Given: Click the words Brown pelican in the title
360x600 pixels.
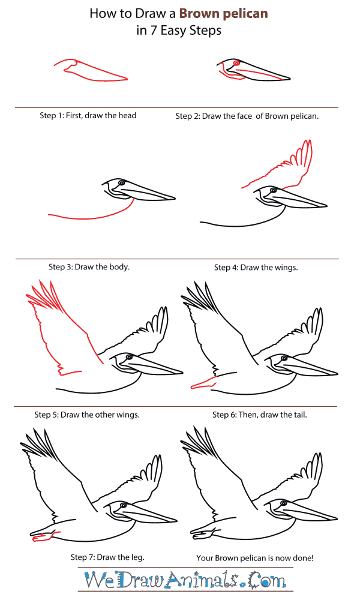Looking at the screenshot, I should tap(226, 13).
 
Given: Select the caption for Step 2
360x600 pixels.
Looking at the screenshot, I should tap(247, 116).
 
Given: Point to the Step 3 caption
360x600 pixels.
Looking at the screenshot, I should tap(89, 266).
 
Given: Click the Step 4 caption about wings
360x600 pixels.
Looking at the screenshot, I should tap(256, 267).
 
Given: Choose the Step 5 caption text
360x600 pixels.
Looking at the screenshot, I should tap(87, 415).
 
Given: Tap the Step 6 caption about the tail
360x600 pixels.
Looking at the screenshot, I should tap(259, 415).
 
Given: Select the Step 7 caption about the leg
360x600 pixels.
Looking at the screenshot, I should tap(99, 557).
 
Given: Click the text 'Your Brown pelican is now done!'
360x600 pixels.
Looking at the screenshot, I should tap(255, 557).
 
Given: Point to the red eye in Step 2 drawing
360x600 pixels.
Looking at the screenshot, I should tap(236, 63).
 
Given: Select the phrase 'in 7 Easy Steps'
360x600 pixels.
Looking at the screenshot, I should tap(178, 31).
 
